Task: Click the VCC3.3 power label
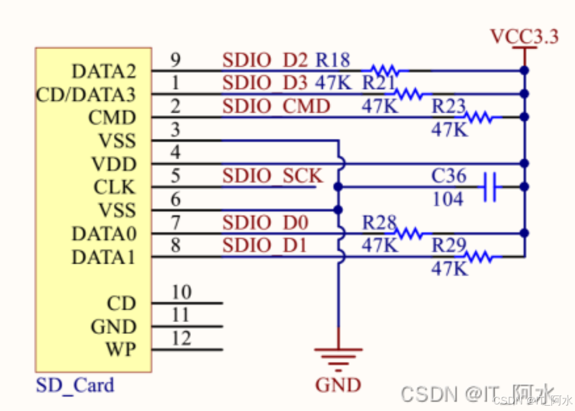[x=524, y=37]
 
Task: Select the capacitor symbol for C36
[x=490, y=187]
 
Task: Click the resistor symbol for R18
[x=389, y=71]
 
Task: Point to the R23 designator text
[x=449, y=107]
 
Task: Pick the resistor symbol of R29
[x=480, y=257]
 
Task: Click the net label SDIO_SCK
[x=273, y=176]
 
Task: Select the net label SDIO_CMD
[x=276, y=107]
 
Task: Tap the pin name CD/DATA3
[x=86, y=95]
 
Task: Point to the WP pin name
[x=121, y=349]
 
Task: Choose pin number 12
[x=181, y=338]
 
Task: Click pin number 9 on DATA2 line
[x=175, y=60]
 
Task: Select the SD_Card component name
[x=75, y=385]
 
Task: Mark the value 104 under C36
[x=447, y=199]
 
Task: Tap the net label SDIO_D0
[x=265, y=223]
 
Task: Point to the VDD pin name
[x=114, y=164]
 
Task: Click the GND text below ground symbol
[x=338, y=385]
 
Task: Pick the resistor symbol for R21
[x=411, y=94]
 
